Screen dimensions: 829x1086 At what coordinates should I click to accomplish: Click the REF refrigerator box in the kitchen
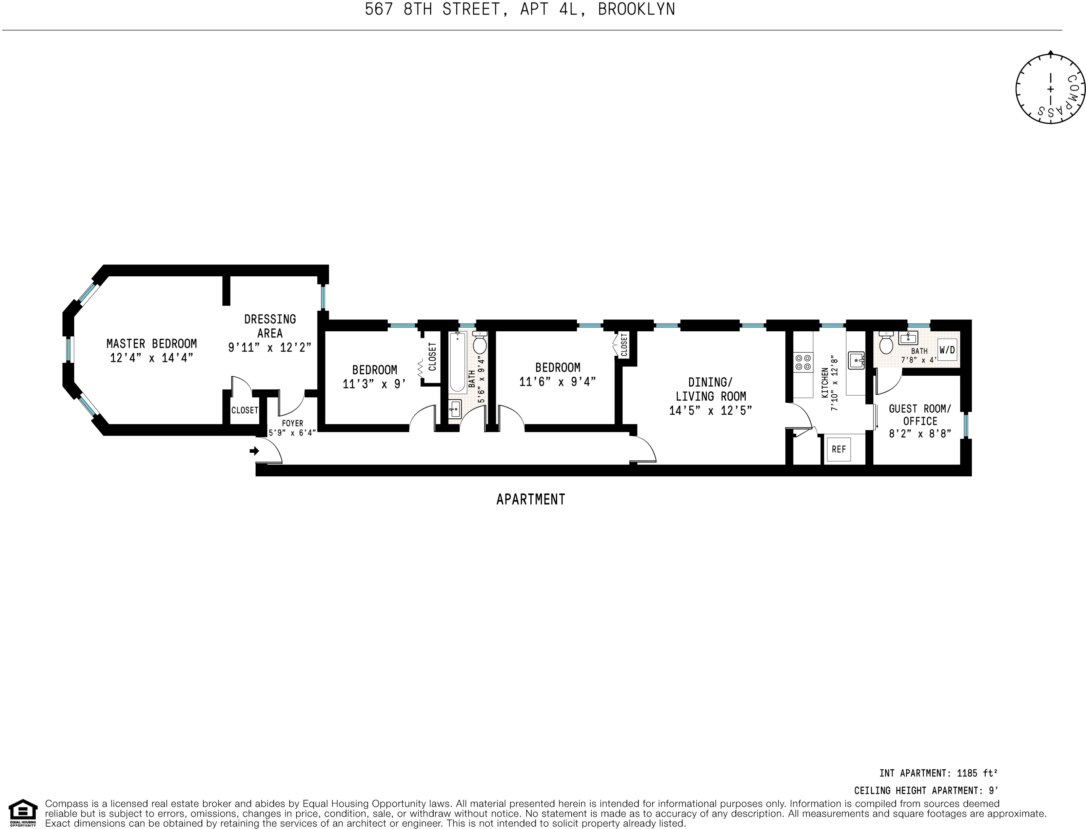(x=838, y=449)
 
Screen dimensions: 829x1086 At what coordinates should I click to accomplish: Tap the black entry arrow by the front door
(x=254, y=451)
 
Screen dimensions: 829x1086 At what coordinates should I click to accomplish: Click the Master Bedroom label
(x=152, y=343)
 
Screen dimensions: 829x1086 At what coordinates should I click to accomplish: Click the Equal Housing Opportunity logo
(x=23, y=812)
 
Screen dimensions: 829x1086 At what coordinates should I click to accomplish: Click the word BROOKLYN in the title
(x=636, y=9)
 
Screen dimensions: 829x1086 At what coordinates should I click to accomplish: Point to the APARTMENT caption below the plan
(x=530, y=499)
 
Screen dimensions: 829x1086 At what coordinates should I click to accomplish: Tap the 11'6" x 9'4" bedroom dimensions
(x=557, y=381)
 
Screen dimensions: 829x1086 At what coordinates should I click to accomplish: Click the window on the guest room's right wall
(x=966, y=426)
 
